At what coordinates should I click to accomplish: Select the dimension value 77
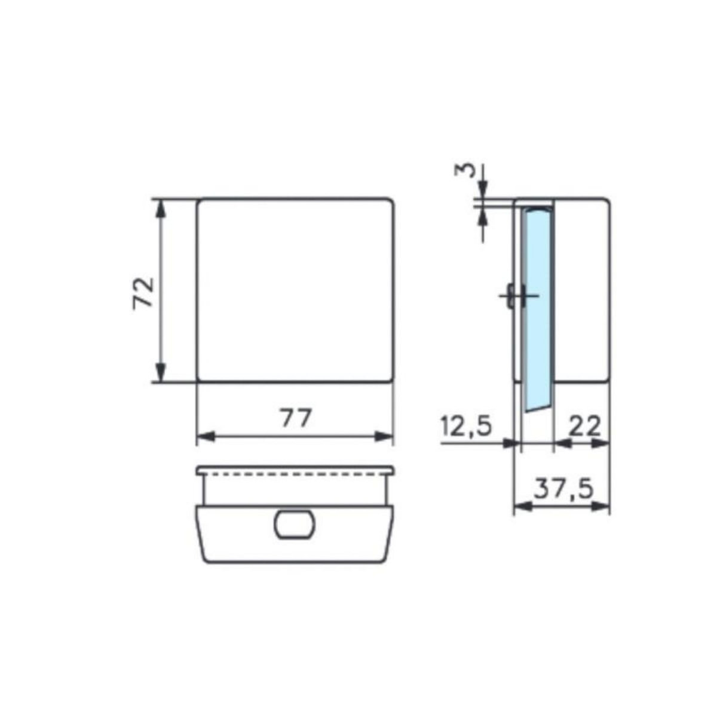point(296,418)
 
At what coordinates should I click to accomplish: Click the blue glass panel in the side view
point(538,305)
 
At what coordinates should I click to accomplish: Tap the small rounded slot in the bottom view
point(294,524)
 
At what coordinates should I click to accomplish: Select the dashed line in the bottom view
point(295,476)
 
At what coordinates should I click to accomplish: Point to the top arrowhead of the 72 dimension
point(160,207)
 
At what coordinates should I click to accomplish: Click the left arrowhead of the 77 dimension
point(205,437)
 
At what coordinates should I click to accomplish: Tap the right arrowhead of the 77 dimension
point(385,437)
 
